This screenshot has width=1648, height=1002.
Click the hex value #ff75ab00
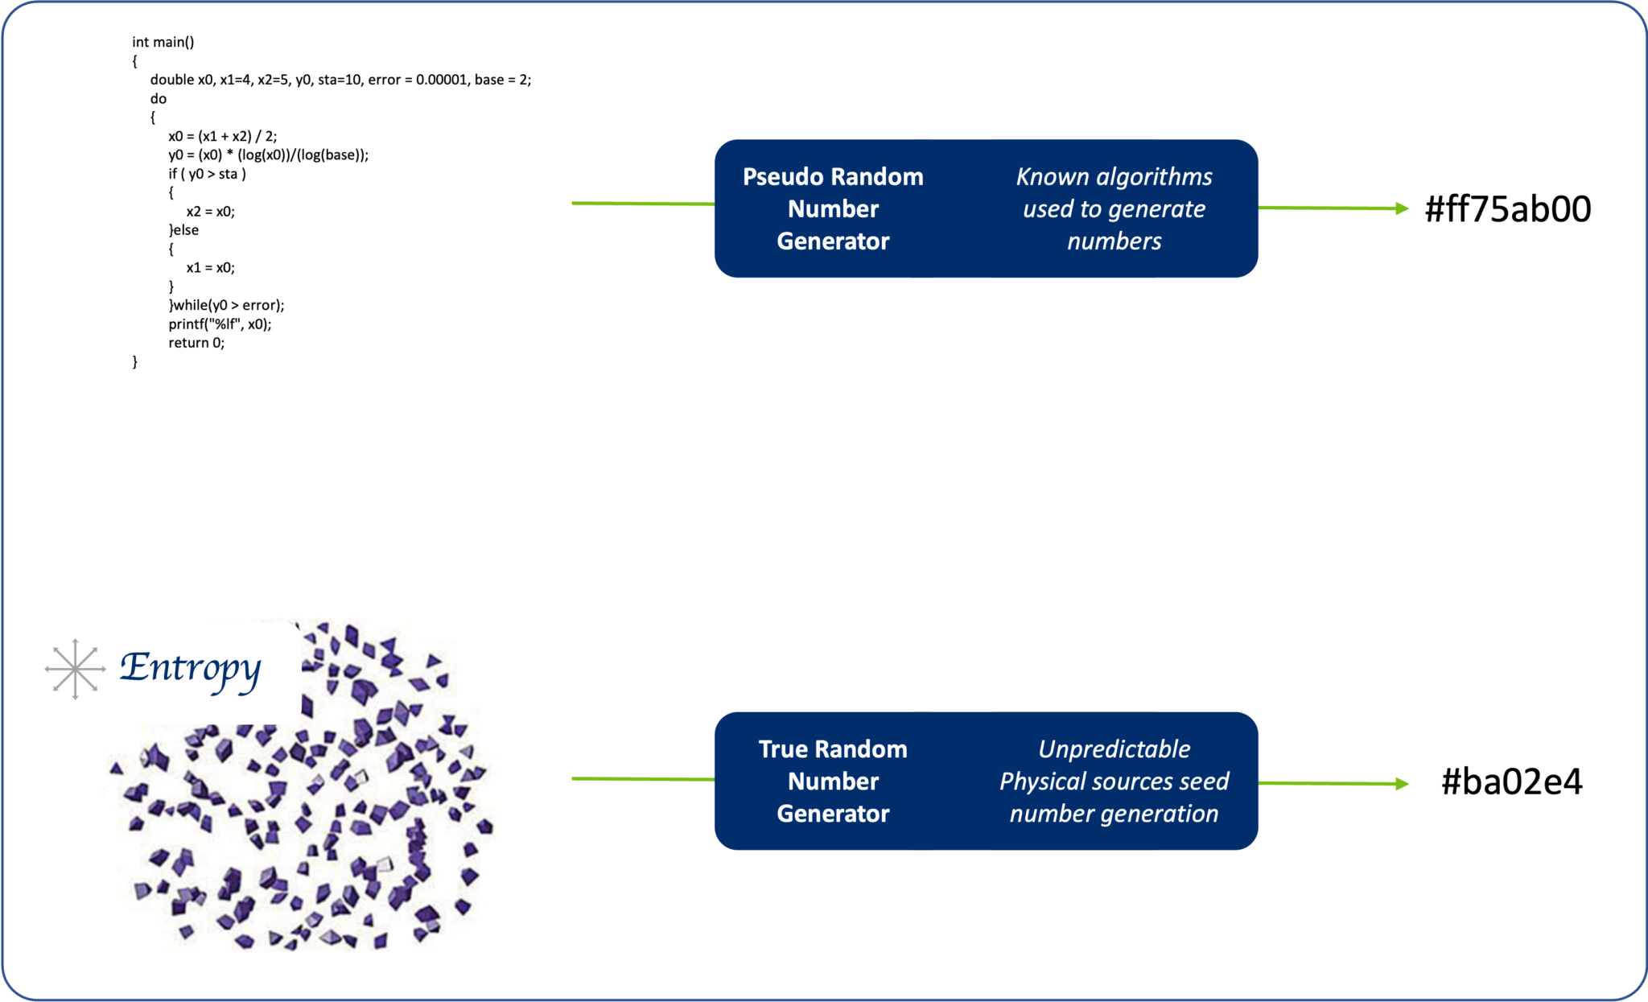click(1507, 209)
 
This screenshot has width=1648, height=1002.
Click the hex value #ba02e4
click(1511, 781)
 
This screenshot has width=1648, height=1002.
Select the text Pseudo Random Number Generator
click(833, 208)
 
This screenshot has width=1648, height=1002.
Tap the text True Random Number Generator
click(833, 781)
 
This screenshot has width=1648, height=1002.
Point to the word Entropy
click(190, 668)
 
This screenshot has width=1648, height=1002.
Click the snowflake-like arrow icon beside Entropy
click(75, 669)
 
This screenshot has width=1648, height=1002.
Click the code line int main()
click(163, 42)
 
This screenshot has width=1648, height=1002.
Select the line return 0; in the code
click(196, 343)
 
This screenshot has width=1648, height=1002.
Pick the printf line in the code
click(220, 324)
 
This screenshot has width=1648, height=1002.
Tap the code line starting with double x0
click(340, 80)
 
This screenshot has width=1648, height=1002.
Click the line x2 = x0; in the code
click(210, 212)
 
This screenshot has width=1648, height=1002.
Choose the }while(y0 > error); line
click(226, 305)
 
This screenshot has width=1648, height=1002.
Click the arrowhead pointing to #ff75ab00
click(1402, 208)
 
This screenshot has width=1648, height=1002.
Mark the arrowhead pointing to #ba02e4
click(1402, 784)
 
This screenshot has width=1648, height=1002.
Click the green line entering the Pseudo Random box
click(642, 204)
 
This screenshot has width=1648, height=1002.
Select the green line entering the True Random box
click(642, 779)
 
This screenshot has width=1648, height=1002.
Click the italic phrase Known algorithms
click(1114, 177)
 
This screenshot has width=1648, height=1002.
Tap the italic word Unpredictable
click(1114, 749)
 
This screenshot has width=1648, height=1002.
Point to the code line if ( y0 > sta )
click(207, 174)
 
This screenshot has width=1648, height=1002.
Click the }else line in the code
click(183, 230)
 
